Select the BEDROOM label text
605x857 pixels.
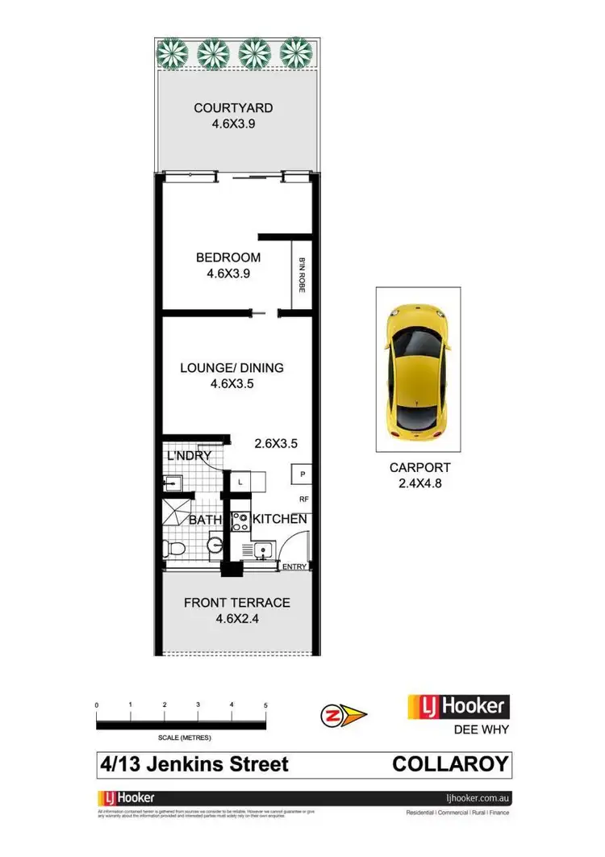coord(228,257)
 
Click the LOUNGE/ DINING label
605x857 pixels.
coord(232,368)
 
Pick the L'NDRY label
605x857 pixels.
coord(189,457)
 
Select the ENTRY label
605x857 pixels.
coord(294,567)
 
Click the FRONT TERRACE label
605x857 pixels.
coord(237,603)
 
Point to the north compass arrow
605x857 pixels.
coord(343,714)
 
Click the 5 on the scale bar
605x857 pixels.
coord(265,705)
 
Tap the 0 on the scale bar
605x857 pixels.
coord(97,705)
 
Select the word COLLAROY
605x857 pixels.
coord(452,763)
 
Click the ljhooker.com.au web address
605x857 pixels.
coord(479,798)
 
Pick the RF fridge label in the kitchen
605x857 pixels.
coord(304,499)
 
